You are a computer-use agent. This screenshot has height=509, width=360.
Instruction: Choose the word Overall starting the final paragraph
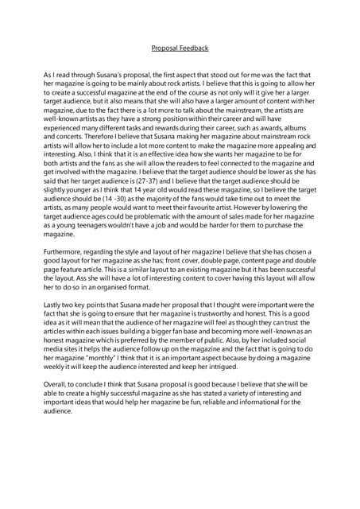57,384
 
